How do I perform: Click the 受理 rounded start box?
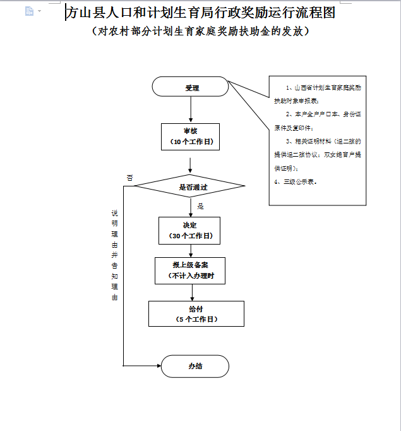point(190,87)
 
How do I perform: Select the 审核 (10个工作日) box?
point(190,137)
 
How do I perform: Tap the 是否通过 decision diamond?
point(190,187)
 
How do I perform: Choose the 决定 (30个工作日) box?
point(189,231)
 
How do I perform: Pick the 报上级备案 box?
point(189,270)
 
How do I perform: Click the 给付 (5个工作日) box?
point(196,314)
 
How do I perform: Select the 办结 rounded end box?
point(195,366)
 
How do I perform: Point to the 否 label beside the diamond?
point(129,178)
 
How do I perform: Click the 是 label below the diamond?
point(201,206)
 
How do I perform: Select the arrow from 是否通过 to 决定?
point(190,207)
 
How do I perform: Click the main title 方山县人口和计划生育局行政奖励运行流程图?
point(200,12)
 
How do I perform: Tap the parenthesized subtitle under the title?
point(200,31)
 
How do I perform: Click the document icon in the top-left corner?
point(29,11)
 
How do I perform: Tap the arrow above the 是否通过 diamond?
point(190,166)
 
